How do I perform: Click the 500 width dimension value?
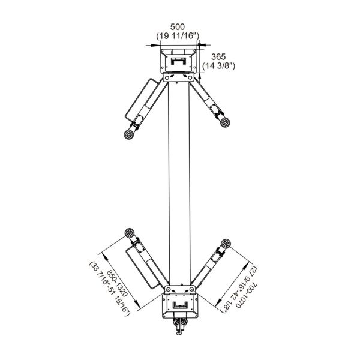pos(177,27)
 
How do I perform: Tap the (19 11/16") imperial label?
pos(178,36)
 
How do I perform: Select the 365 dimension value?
pos(218,57)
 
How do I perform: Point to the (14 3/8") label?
pos(219,66)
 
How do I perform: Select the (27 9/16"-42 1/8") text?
pos(239,290)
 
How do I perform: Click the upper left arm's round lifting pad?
pos(129,134)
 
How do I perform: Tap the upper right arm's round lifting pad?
pos(225,122)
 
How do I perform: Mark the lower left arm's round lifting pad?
pos(130,233)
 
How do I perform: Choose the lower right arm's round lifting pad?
pos(226,244)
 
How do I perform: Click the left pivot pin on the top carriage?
pos(167,78)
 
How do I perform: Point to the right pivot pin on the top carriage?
pos(190,78)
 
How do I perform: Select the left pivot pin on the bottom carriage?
pos(168,289)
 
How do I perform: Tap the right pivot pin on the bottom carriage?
pos(191,289)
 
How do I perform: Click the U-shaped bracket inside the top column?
pos(179,61)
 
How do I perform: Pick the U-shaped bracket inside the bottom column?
pos(180,305)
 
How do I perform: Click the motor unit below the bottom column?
pos(180,326)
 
